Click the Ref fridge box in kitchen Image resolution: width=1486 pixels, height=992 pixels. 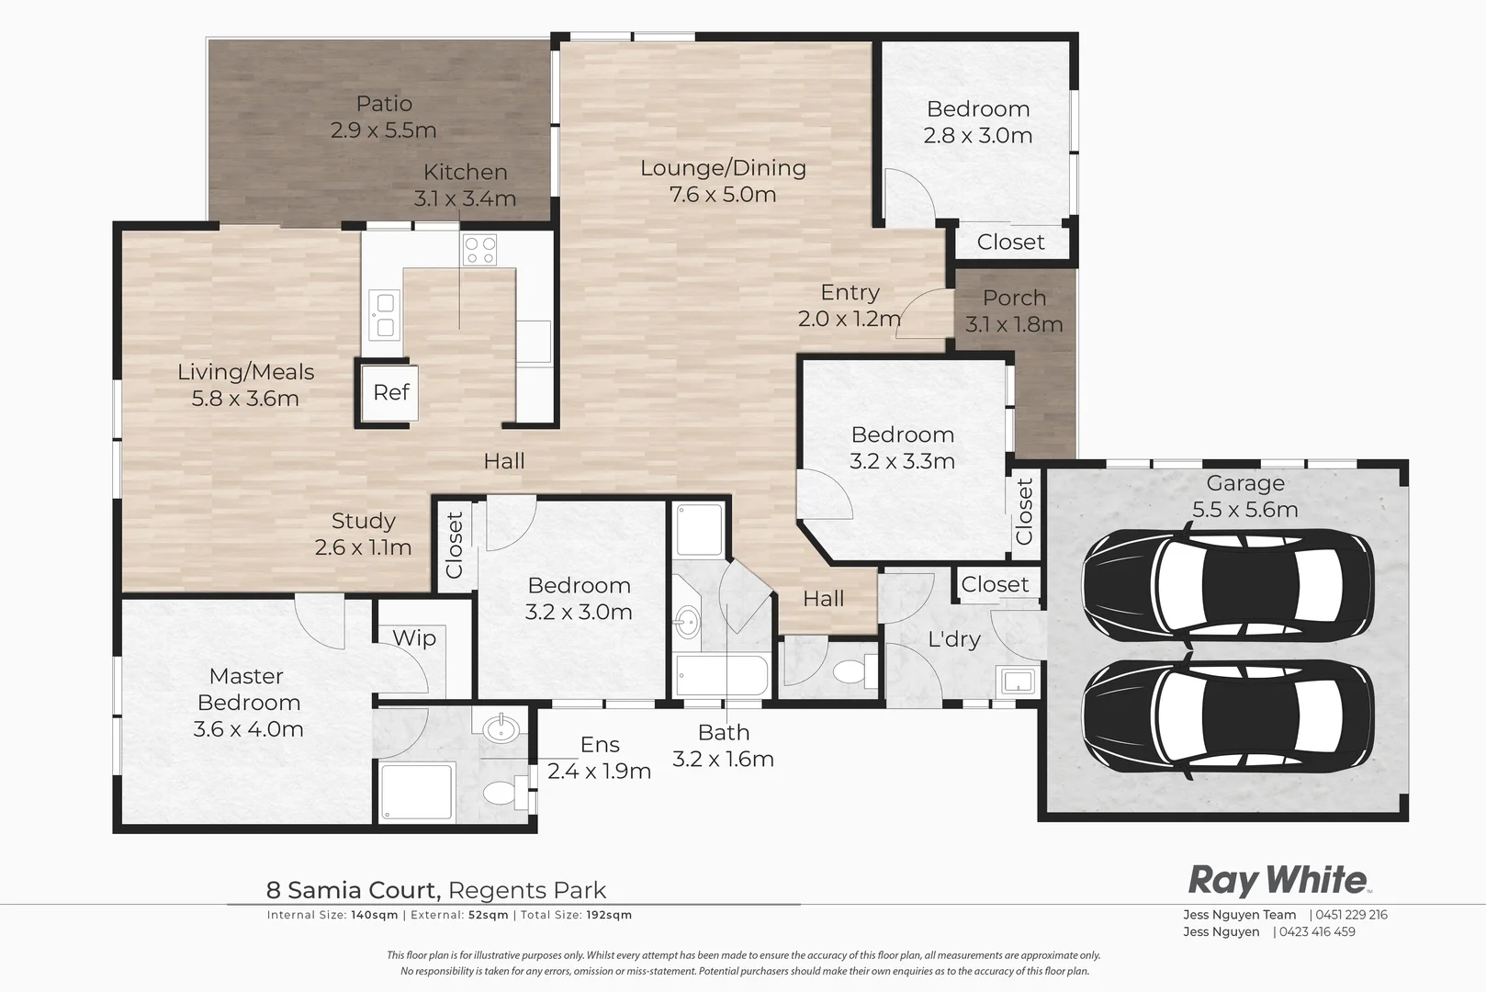389,393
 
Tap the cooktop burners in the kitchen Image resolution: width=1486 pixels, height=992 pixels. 479,250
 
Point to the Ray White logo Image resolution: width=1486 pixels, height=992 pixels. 1278,880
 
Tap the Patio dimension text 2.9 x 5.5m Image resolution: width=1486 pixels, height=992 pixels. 383,130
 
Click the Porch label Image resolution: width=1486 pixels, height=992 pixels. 1014,298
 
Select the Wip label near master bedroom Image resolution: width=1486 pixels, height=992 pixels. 414,638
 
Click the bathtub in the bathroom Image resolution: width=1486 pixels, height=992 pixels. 721,677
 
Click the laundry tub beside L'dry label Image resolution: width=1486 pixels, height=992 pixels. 1017,682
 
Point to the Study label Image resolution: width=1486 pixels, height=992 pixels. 363,521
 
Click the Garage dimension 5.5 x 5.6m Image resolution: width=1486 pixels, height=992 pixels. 1244,510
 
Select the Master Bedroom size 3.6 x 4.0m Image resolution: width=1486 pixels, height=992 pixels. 248,729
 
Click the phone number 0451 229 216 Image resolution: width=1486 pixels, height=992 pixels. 1351,915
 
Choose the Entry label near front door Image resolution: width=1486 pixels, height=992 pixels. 850,292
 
